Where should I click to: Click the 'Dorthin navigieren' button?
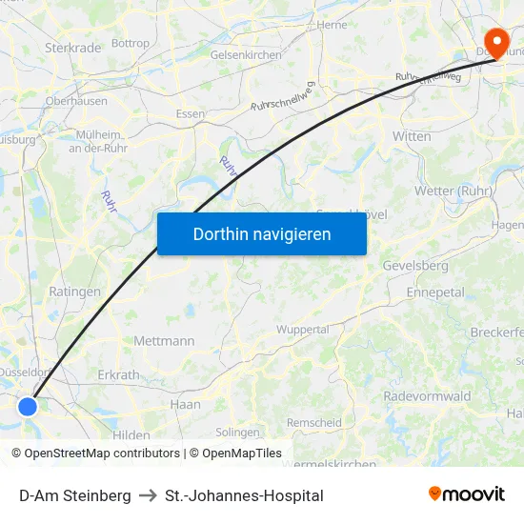point(262,233)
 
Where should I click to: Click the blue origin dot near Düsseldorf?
point(28,407)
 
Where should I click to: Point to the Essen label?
point(191,113)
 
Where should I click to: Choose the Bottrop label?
point(131,43)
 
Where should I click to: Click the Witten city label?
point(412,136)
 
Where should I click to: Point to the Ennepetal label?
point(434,292)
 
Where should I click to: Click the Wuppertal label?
point(302,330)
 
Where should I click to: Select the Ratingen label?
point(74,292)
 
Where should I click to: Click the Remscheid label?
point(314,422)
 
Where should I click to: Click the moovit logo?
point(467,494)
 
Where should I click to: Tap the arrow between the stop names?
point(148,495)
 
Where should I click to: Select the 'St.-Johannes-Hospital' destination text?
point(244,495)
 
